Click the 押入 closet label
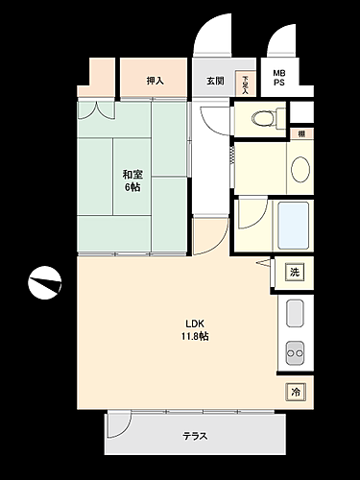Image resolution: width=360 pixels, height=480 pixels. click(x=154, y=81)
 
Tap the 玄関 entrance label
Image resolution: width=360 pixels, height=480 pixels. click(x=215, y=81)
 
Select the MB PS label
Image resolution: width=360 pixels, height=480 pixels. click(x=278, y=78)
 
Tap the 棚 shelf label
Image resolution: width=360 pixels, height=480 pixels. click(x=301, y=133)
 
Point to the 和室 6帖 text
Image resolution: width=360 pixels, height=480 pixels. click(x=132, y=180)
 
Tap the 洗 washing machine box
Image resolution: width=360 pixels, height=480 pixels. click(x=295, y=273)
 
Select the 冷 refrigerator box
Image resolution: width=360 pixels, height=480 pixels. click(x=295, y=392)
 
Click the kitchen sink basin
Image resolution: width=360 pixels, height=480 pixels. click(x=295, y=313)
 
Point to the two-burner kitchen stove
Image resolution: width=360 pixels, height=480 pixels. click(x=295, y=353)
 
